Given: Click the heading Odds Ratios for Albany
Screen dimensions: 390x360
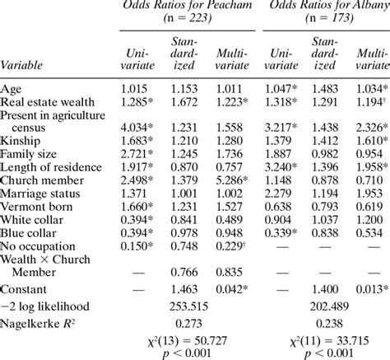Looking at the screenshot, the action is click(326, 5).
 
